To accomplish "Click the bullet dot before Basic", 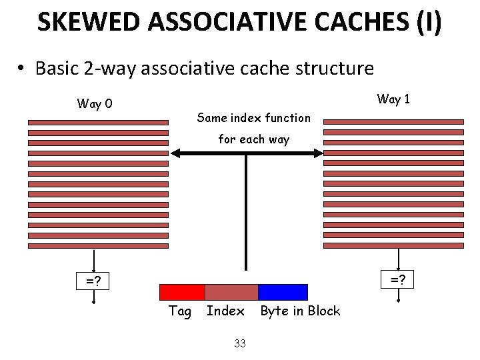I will pyautogui.click(x=22, y=69).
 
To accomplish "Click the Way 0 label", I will pyautogui.click(x=95, y=103).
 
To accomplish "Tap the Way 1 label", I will pyautogui.click(x=393, y=99).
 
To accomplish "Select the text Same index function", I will pyautogui.click(x=254, y=118).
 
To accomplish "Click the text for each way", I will pyautogui.click(x=254, y=139).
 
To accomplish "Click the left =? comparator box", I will pyautogui.click(x=93, y=281).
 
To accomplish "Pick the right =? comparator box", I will pyautogui.click(x=398, y=279).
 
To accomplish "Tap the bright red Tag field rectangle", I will pyautogui.click(x=182, y=292).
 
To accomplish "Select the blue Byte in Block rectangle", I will pyautogui.click(x=283, y=292).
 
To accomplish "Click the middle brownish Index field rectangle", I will pyautogui.click(x=231, y=292).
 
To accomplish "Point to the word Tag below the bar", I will pyautogui.click(x=180, y=311).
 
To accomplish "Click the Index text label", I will pyautogui.click(x=225, y=311).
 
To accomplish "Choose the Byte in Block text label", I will pyautogui.click(x=300, y=311).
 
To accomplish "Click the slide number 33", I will pyautogui.click(x=240, y=343).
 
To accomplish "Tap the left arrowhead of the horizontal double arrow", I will pyautogui.click(x=175, y=153).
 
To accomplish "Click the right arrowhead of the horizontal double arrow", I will pyautogui.click(x=318, y=153).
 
